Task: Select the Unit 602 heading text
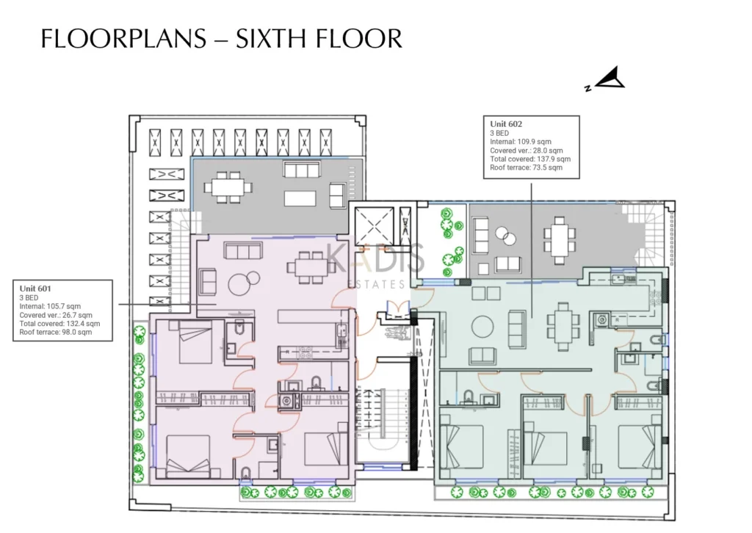[x=506, y=123]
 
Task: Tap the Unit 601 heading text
[x=35, y=289]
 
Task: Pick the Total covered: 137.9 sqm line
[x=530, y=159]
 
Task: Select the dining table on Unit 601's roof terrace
[x=228, y=186]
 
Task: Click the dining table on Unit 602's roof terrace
[x=559, y=240]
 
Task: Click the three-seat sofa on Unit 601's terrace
[x=301, y=170]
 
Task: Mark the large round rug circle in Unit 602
[x=482, y=327]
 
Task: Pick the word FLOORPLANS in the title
[x=123, y=39]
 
